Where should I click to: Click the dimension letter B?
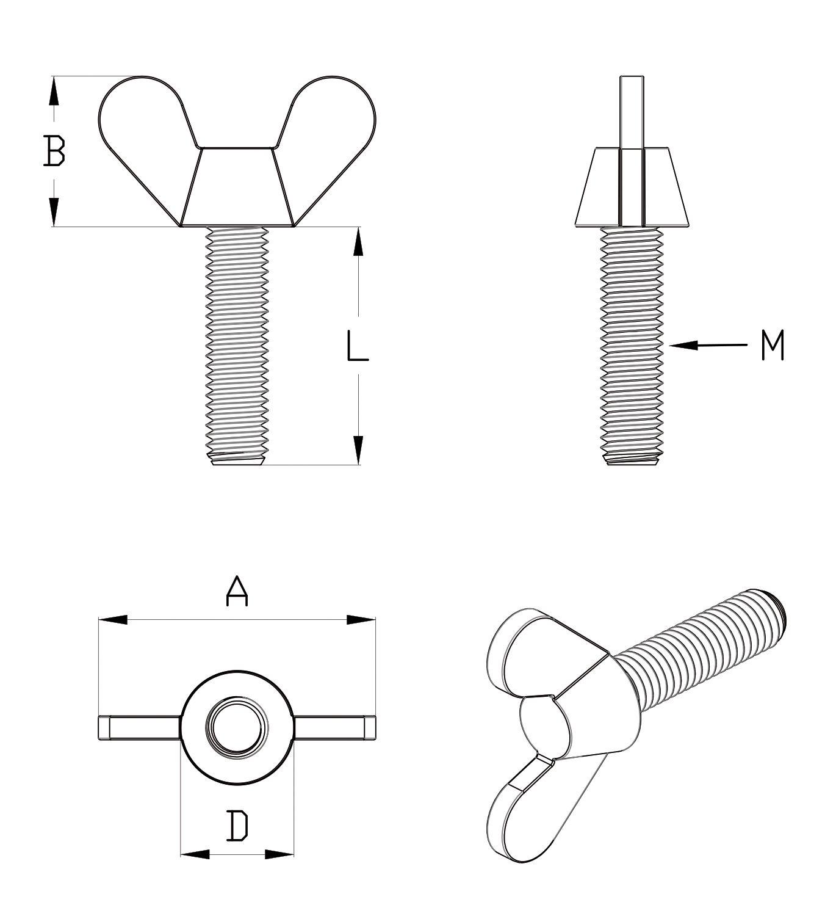[x=54, y=150]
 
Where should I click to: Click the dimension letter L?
[x=358, y=346]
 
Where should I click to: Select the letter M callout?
[x=773, y=345]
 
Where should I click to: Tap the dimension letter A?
[x=237, y=591]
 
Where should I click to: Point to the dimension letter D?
[x=237, y=825]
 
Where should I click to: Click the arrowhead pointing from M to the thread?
[x=684, y=346]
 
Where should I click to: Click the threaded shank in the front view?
[x=237, y=346]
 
